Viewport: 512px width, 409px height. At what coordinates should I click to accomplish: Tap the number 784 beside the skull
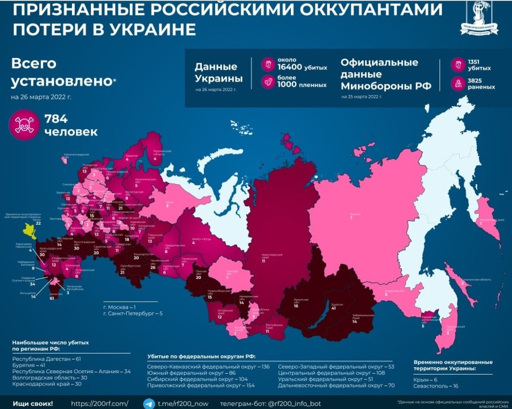[56, 119]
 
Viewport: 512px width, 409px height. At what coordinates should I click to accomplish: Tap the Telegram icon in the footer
[149, 404]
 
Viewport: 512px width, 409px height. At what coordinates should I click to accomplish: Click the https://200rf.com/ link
[99, 404]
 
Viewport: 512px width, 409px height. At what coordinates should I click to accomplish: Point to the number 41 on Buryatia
[333, 308]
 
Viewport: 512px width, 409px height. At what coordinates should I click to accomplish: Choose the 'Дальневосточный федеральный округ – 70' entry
[336, 385]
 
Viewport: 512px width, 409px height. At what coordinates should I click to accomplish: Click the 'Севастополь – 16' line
[436, 386]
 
